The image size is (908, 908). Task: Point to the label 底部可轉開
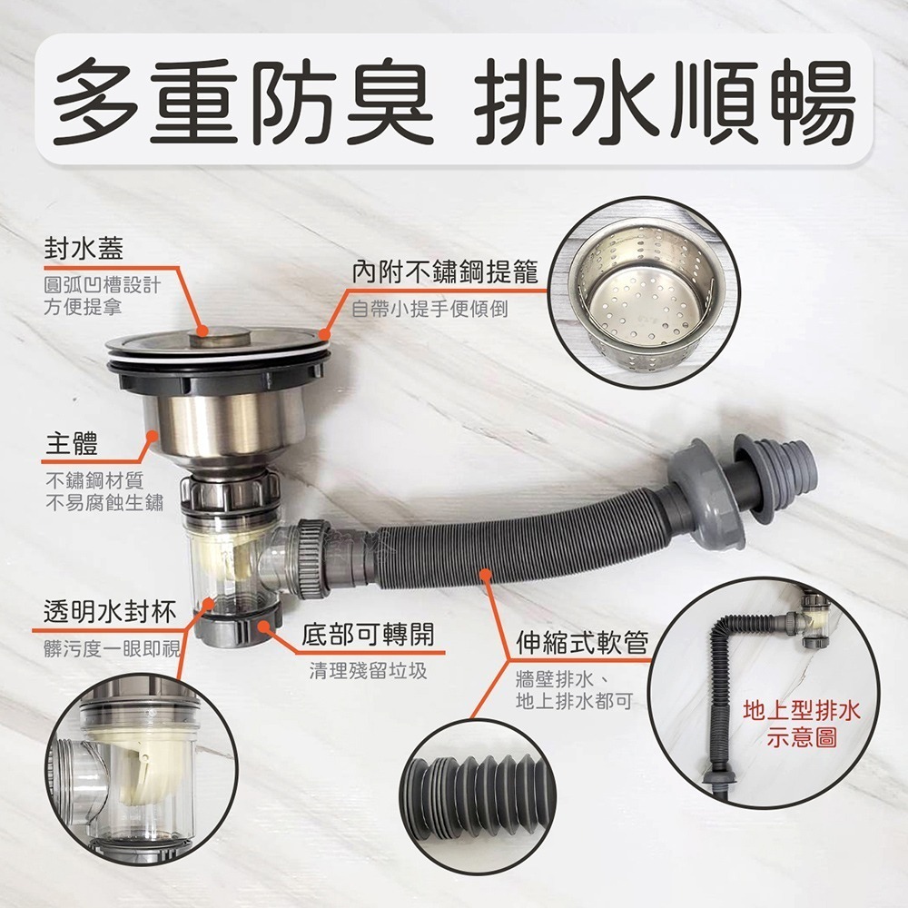pyautogui.click(x=367, y=633)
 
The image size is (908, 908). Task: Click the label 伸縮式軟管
pyautogui.click(x=581, y=644)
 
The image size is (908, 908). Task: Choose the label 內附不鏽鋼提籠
pyautogui.click(x=445, y=271)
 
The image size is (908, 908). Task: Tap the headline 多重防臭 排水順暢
pyautogui.click(x=454, y=101)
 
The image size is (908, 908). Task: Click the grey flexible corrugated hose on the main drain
pyautogui.click(x=508, y=554)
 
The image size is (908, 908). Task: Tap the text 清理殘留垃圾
pyautogui.click(x=367, y=671)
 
